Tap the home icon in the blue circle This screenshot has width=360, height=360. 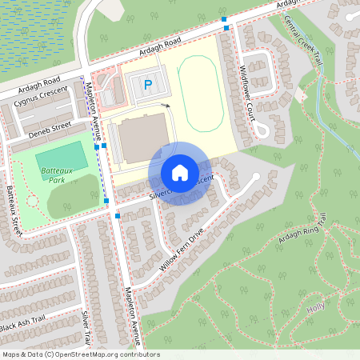(179, 173)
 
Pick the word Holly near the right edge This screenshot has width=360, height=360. (338, 306)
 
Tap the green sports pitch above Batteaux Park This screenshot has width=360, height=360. (58, 154)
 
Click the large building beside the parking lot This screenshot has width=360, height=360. (142, 137)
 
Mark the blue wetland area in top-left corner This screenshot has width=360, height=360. (36, 28)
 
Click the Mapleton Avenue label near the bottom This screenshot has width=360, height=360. (133, 316)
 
